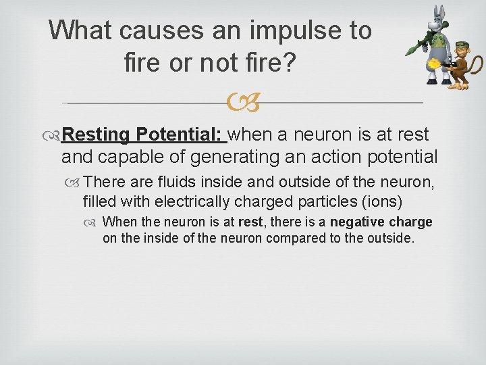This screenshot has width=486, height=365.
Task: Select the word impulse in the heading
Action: (288, 30)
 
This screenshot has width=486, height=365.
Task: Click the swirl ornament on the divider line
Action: (242, 103)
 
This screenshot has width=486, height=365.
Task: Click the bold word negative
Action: (362, 222)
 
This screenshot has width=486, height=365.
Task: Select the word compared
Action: (298, 238)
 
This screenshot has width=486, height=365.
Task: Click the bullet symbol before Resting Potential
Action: (55, 135)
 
